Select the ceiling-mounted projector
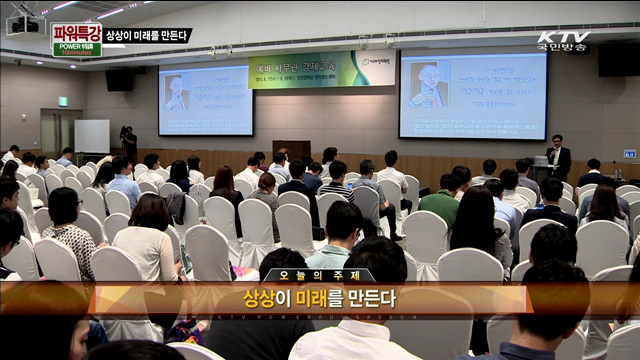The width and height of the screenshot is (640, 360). (x=23, y=22)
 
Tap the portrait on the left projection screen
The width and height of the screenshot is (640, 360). (x=176, y=93)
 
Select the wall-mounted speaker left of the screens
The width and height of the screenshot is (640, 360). (x=119, y=79)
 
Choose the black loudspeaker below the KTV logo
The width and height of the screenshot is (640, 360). (x=618, y=60)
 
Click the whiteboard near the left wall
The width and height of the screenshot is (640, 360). (x=91, y=135)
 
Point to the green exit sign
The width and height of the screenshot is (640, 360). (x=62, y=101)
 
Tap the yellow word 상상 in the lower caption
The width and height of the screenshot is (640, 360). (x=259, y=298)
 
